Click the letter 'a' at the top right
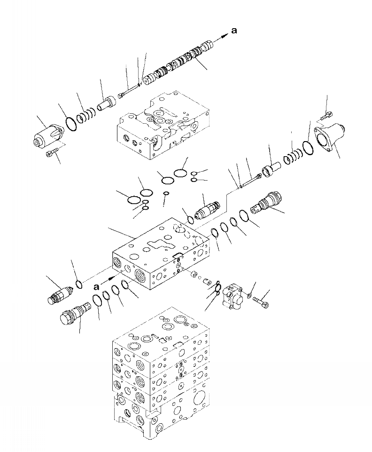pyautogui.click(x=234, y=31)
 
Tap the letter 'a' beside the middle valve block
pyautogui.click(x=96, y=286)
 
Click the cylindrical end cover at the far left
pyautogui.click(x=46, y=135)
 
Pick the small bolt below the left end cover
pyautogui.click(x=51, y=152)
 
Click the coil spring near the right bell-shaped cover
pyautogui.click(x=293, y=153)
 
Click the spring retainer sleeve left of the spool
pyautogui.click(x=106, y=103)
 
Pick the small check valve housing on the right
pyautogui.click(x=234, y=296)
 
